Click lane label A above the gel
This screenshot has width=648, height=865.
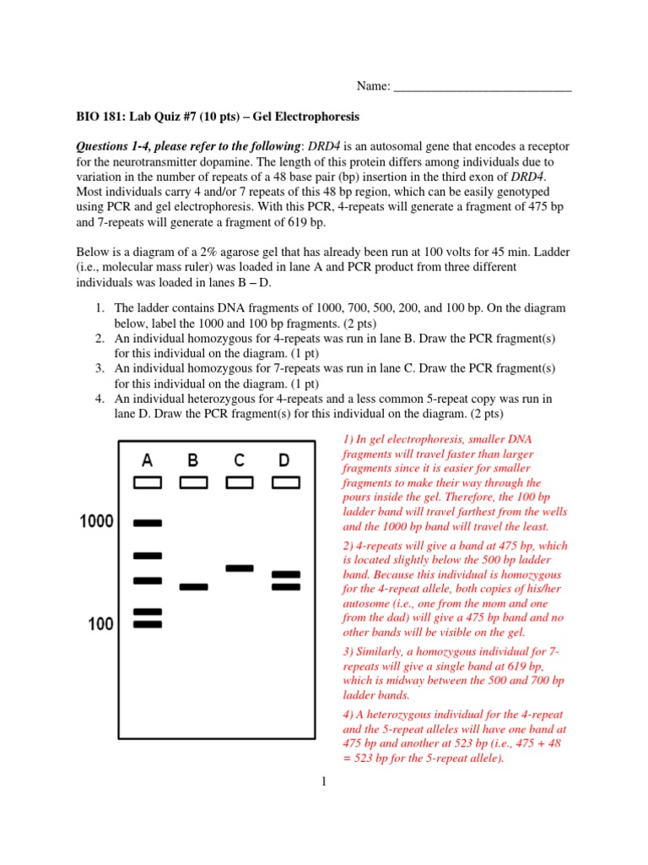click(148, 460)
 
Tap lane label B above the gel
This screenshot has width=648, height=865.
click(193, 460)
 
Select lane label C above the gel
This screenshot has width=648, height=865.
click(240, 460)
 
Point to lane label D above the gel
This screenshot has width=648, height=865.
click(285, 460)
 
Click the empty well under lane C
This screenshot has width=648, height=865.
click(240, 482)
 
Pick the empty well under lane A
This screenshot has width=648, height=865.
click(148, 482)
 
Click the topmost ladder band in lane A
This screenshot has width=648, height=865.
click(148, 524)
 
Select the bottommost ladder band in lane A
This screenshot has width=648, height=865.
click(148, 624)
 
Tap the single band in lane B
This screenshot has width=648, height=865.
click(193, 586)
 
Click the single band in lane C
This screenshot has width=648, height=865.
click(240, 568)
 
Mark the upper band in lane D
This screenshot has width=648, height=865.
click(286, 574)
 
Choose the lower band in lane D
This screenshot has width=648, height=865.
click(286, 586)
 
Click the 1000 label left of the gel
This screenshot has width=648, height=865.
click(96, 522)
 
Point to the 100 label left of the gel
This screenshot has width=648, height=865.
click(100, 624)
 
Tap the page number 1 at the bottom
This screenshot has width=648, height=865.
click(323, 781)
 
